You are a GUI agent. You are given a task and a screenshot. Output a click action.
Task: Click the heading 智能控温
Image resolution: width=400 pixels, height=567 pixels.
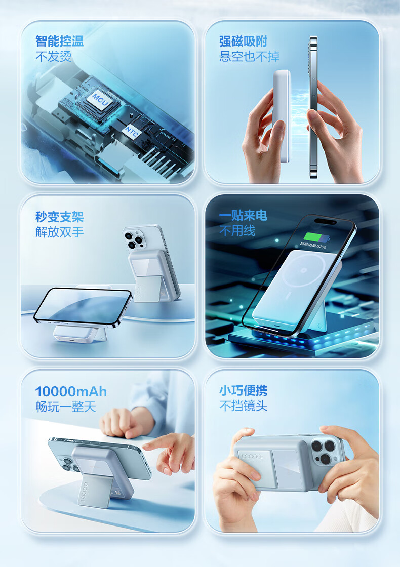(x=59, y=41)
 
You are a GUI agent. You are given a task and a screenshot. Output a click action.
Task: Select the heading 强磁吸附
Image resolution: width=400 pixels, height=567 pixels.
(x=243, y=41)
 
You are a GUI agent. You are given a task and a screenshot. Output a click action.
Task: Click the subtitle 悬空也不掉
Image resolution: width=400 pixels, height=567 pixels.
(x=249, y=56)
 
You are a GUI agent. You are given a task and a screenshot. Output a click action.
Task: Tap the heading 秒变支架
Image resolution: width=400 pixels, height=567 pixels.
(x=59, y=217)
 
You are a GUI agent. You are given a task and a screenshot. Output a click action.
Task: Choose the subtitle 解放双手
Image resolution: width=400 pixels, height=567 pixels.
(x=59, y=232)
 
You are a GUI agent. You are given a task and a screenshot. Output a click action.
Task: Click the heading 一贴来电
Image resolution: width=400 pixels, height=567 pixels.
(x=243, y=216)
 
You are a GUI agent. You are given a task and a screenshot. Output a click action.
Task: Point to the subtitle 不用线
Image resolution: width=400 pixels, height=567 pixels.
(x=237, y=231)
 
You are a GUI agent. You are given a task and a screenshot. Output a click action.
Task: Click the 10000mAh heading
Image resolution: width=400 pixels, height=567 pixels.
(x=71, y=391)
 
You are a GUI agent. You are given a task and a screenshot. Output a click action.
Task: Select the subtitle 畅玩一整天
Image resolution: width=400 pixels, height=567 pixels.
(x=65, y=407)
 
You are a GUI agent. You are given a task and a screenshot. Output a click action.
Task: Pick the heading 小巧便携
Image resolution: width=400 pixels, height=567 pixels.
(x=243, y=390)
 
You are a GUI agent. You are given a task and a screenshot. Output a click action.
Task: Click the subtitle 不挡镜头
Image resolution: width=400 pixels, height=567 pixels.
(x=243, y=406)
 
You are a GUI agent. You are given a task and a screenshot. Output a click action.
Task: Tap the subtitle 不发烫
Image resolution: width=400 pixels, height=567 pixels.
(x=53, y=56)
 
